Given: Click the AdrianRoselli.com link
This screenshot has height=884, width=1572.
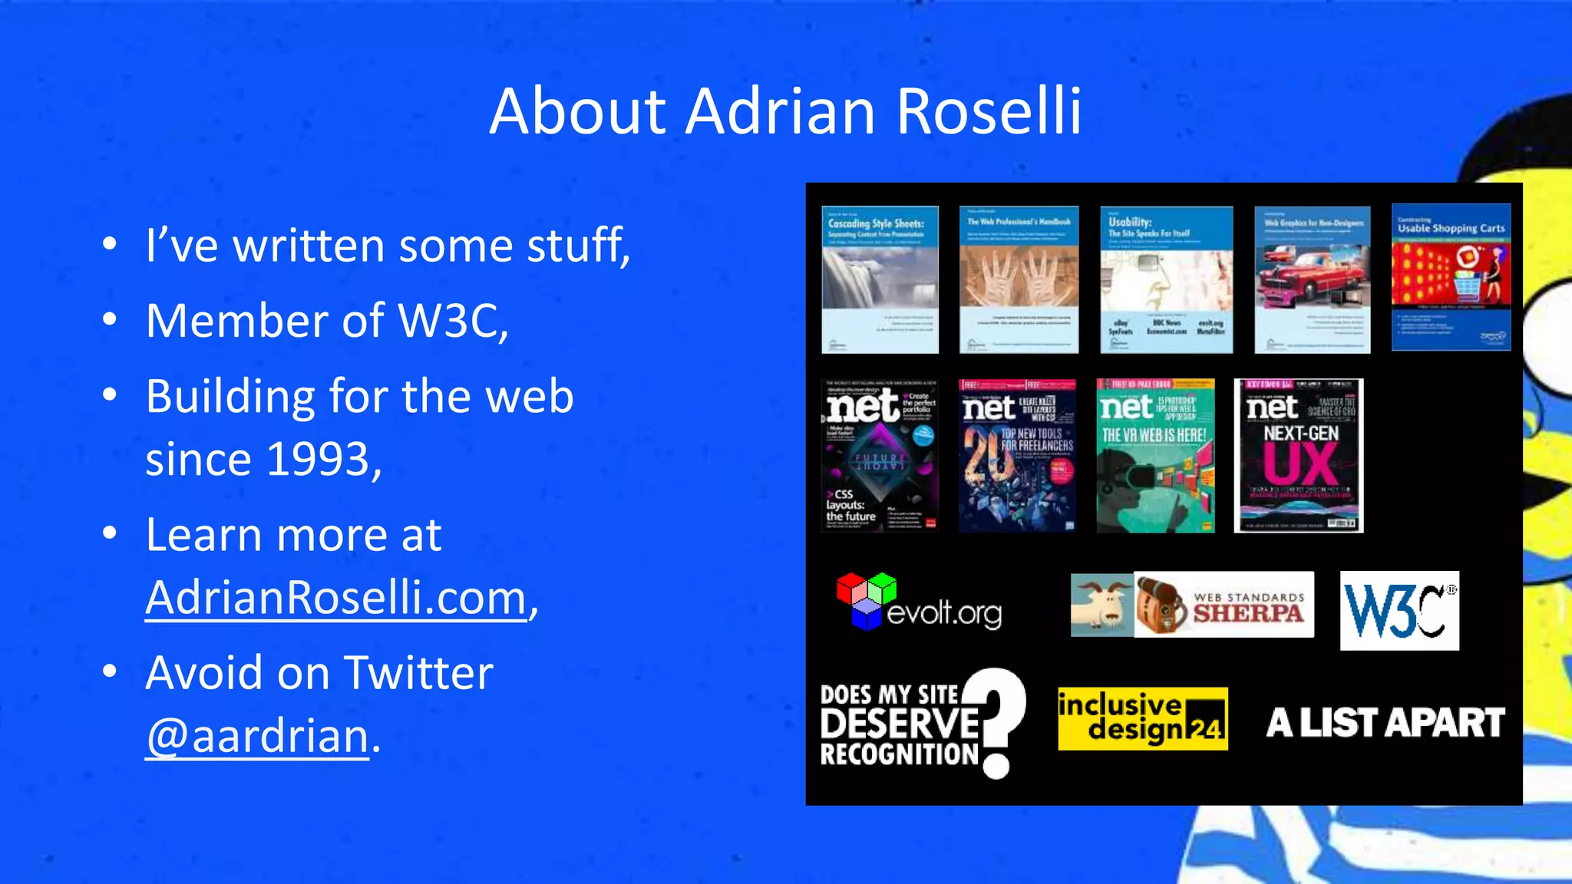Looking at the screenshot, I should (x=335, y=598).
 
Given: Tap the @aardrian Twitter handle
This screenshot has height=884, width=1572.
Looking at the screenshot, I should (x=258, y=737).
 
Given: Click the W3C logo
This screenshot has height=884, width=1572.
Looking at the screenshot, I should (x=1399, y=611).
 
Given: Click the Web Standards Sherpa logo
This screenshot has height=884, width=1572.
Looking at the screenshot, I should (x=1224, y=605).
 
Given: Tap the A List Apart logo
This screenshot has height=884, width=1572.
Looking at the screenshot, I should (x=1385, y=723).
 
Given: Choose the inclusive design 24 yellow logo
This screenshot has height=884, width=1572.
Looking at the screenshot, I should (x=1142, y=719).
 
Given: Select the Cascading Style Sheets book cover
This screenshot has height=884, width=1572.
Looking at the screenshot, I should (x=880, y=279).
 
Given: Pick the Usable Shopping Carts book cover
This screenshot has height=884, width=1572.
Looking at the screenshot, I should (x=1451, y=277).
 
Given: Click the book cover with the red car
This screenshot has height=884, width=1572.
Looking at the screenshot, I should (x=1312, y=279).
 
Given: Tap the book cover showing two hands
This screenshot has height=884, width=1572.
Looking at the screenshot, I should (x=1019, y=279).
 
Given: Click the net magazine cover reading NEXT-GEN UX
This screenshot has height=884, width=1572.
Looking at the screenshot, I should (x=1298, y=455).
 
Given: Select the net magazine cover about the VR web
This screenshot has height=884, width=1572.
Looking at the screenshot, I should (x=1155, y=455).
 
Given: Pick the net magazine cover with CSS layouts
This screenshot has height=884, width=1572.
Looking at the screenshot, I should (x=880, y=455).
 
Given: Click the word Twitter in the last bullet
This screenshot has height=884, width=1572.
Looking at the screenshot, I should (x=418, y=674).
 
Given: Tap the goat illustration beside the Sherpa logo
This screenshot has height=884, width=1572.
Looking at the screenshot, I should (x=1101, y=605).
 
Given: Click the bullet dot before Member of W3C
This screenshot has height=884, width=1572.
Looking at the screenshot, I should (x=110, y=319).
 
